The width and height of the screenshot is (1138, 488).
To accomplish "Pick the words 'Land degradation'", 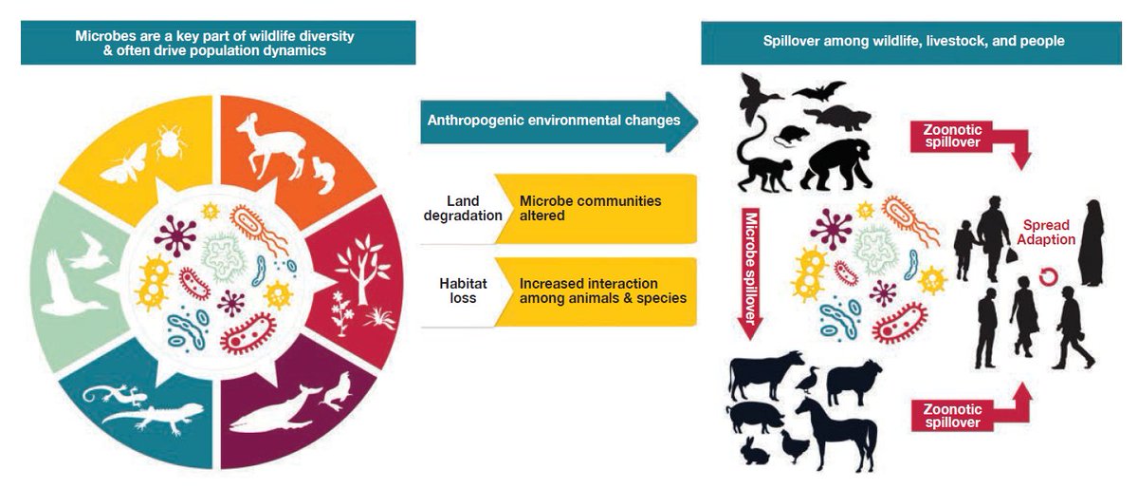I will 465,208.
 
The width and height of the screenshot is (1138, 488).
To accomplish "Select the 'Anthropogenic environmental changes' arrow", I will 555,122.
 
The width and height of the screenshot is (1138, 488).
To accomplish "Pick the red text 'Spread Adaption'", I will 1048,233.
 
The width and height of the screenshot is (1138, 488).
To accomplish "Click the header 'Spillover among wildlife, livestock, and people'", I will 913,42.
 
